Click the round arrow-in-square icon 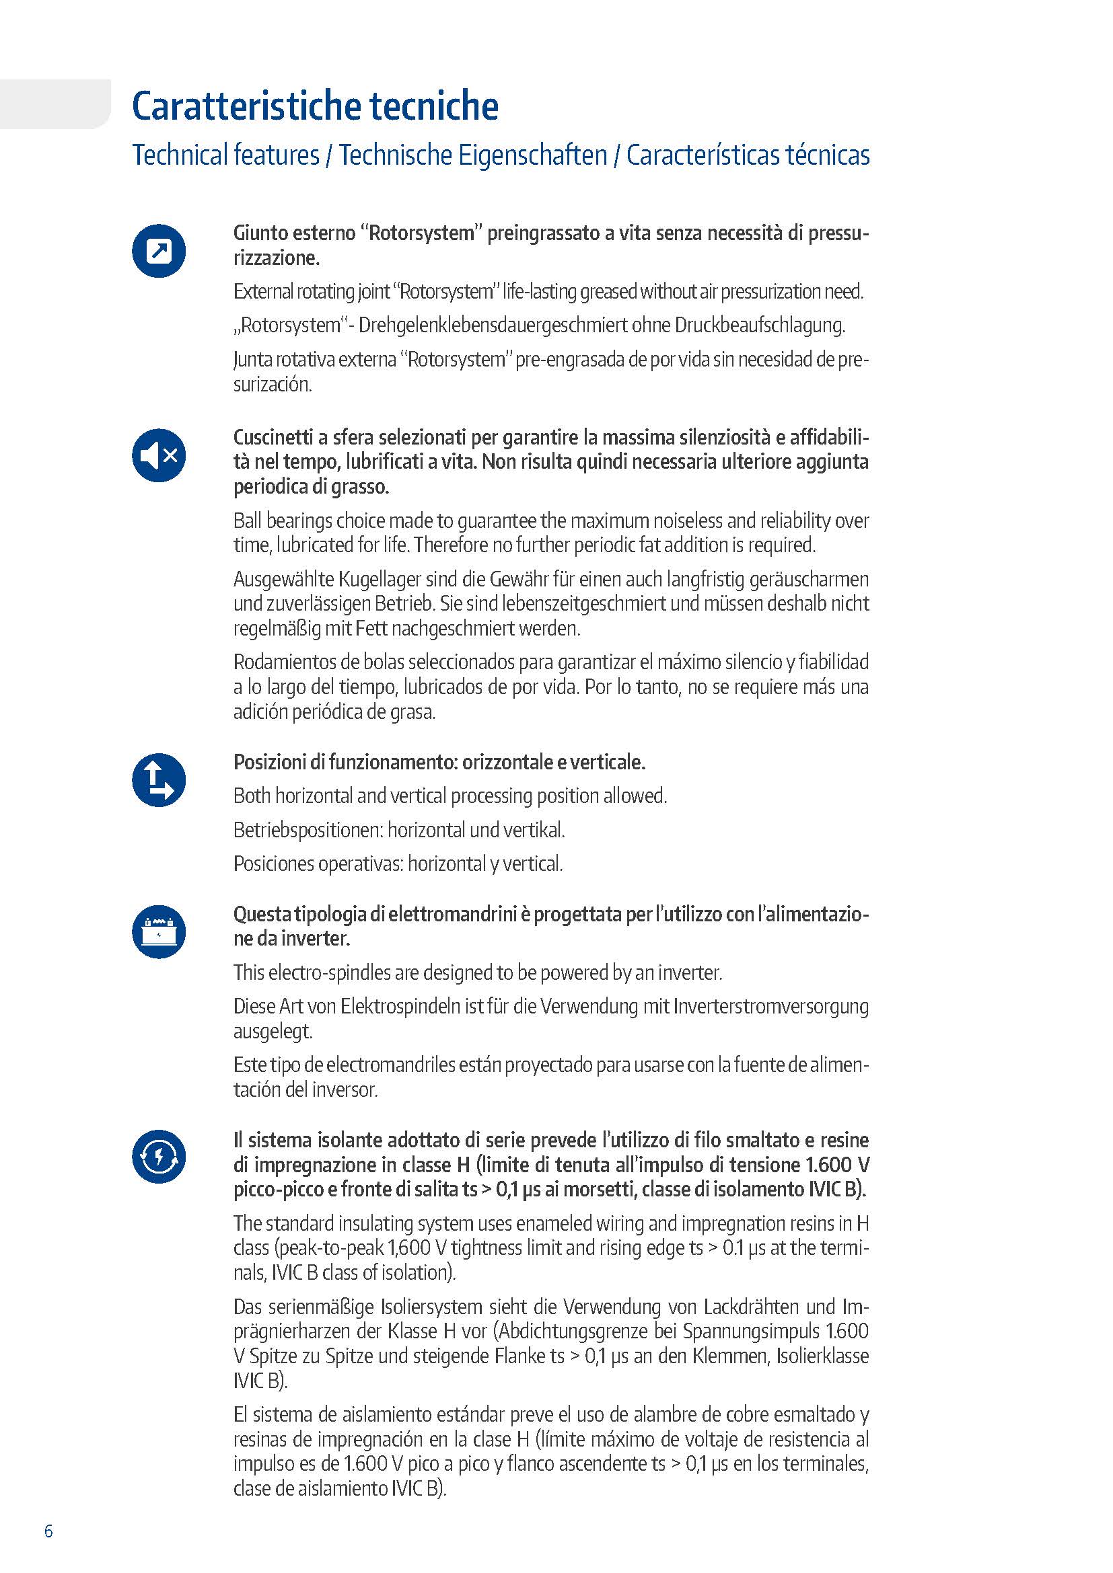159,251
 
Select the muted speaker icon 159,455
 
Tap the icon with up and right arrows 159,780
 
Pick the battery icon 159,931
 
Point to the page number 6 48,1531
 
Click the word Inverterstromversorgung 771,1007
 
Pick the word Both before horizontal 252,796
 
